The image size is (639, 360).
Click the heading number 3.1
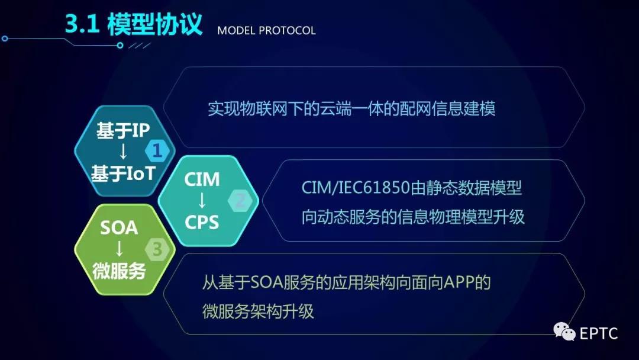pos(82,24)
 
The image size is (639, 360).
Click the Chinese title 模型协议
pos(155,24)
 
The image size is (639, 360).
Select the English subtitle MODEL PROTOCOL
pos(266,31)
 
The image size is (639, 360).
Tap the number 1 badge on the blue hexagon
pos(157,151)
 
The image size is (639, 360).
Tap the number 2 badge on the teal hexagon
pos(240,201)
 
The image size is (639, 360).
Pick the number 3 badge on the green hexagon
pos(157,249)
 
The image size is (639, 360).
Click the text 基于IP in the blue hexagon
pos(123,130)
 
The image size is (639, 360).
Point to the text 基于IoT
pos(123,173)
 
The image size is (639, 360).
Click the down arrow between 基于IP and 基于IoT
pos(123,152)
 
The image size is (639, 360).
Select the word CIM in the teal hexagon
pos(202,179)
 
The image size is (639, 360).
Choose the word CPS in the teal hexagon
pos(202,222)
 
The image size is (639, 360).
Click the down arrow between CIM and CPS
pos(202,201)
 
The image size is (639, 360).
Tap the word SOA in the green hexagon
pos(119,228)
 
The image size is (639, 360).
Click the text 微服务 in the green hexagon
pos(119,271)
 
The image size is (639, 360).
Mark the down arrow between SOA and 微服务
pos(119,249)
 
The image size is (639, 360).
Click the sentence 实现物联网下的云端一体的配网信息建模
pos(351,109)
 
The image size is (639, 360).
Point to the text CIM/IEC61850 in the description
pos(356,188)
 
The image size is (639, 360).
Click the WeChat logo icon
pos(564,331)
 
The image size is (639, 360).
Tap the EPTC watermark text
pos(599,333)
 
